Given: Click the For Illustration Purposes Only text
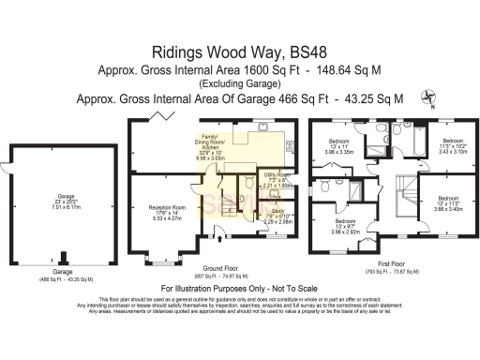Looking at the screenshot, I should click(240, 288).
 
